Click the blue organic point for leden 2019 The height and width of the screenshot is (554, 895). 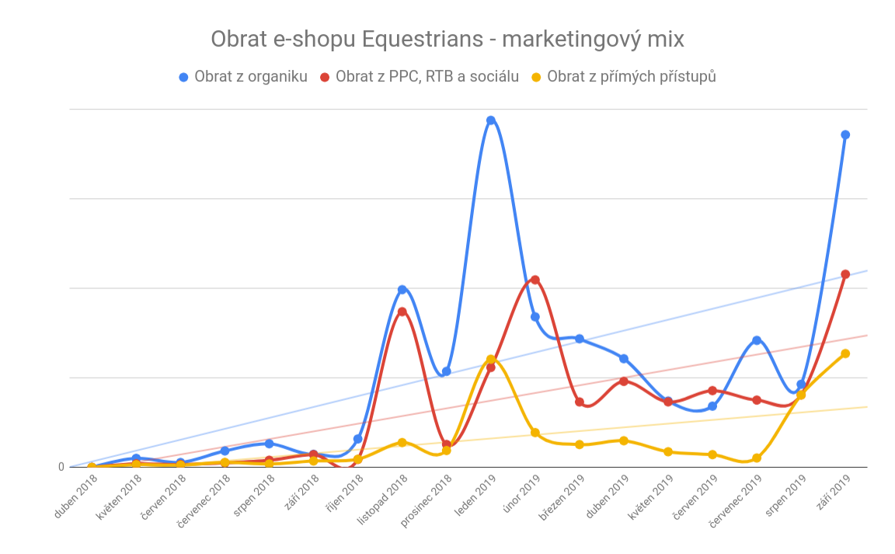click(491, 120)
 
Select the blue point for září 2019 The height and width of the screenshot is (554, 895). click(845, 134)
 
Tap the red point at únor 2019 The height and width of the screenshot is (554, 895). click(535, 280)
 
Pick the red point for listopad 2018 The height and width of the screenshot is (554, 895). click(402, 312)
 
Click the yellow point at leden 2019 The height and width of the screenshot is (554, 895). click(491, 360)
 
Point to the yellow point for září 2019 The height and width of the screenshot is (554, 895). click(845, 354)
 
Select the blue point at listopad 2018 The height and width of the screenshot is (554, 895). click(402, 290)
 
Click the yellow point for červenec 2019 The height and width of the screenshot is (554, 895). click(757, 458)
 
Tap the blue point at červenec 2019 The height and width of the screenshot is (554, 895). click(757, 340)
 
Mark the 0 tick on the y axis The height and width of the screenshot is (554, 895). click(61, 467)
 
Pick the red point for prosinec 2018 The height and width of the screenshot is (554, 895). click(447, 445)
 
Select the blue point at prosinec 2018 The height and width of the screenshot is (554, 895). click(447, 371)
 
